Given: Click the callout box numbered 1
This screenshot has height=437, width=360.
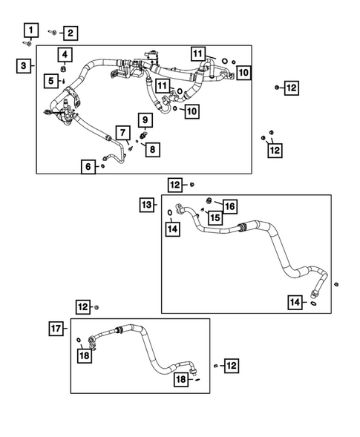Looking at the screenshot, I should click(x=30, y=30).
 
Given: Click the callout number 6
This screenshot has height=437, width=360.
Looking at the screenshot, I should click(x=88, y=168).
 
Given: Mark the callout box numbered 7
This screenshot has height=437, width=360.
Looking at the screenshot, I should click(x=120, y=132).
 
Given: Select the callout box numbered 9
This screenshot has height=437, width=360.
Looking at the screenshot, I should click(x=144, y=119).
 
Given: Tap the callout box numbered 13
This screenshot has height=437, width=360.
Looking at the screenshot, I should click(x=148, y=203).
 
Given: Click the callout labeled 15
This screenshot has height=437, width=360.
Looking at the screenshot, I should click(x=214, y=217).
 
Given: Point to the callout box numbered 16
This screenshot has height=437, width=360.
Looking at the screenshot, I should click(x=229, y=206).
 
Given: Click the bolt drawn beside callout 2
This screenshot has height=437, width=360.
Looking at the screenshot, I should click(x=53, y=32).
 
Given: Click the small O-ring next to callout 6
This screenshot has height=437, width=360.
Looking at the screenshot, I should click(x=102, y=167).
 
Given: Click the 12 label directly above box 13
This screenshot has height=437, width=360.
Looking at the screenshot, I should click(x=175, y=185).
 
